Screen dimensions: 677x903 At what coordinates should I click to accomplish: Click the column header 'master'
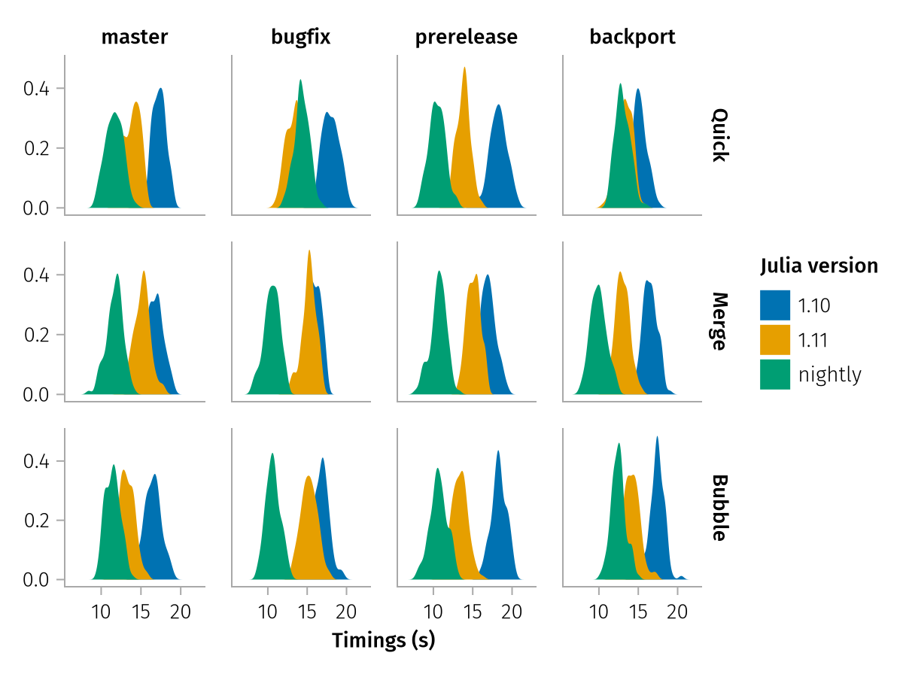(x=135, y=37)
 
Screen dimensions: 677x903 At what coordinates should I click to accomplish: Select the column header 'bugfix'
(x=301, y=37)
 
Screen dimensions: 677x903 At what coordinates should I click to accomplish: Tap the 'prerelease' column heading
(x=467, y=37)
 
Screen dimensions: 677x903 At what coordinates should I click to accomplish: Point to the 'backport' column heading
(x=633, y=37)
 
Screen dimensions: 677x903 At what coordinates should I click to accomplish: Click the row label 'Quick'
(x=719, y=135)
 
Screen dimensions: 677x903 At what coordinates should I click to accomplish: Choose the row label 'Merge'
(x=719, y=322)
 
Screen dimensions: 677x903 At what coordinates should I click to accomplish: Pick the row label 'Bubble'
(x=719, y=508)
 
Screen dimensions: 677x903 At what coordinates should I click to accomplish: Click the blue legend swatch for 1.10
(x=775, y=305)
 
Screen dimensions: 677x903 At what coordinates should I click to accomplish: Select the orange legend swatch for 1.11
(x=775, y=339)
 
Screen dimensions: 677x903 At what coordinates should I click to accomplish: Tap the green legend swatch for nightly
(x=775, y=374)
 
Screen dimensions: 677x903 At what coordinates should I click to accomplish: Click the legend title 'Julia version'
(x=819, y=266)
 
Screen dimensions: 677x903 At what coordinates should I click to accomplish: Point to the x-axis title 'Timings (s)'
(x=384, y=641)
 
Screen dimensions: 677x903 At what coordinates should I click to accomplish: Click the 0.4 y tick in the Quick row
(x=35, y=89)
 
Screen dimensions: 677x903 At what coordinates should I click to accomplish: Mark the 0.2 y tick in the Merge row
(x=35, y=335)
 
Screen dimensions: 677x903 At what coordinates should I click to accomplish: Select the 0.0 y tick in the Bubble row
(x=35, y=580)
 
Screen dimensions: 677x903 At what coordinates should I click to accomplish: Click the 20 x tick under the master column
(x=181, y=610)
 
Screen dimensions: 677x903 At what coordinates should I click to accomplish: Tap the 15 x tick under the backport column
(x=638, y=610)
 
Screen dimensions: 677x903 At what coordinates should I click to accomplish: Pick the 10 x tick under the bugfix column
(x=268, y=610)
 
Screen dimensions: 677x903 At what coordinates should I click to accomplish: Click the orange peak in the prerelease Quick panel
(x=464, y=68)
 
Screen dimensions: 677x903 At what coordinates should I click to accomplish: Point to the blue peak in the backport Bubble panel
(x=657, y=438)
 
